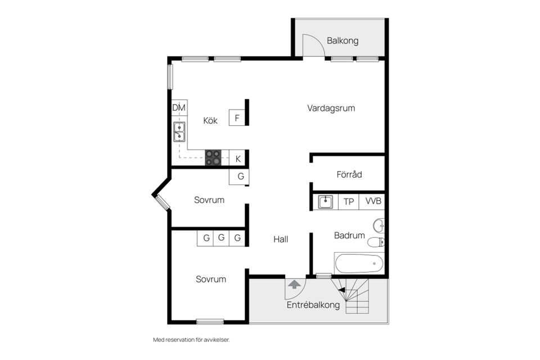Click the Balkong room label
[343, 40]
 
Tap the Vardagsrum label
[331, 108]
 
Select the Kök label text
[210, 120]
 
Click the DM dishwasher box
[179, 108]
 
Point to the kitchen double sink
[179, 132]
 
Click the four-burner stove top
[213, 157]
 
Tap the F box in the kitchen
[237, 118]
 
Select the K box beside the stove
[237, 159]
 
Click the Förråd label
[349, 174]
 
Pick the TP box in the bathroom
[349, 201]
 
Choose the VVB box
[373, 201]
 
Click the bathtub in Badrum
[359, 264]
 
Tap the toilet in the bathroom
[376, 242]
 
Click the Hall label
[281, 240]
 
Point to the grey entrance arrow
[294, 285]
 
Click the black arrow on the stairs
[342, 290]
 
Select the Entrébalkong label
[313, 305]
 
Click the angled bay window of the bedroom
[162, 202]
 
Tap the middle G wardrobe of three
[221, 238]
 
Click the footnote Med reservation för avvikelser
[191, 340]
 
